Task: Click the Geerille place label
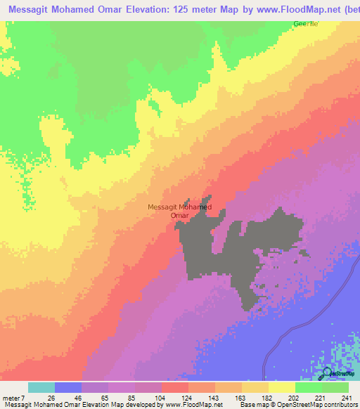tap(306, 24)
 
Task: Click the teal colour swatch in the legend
tap(41, 387)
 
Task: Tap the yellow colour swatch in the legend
tap(281, 387)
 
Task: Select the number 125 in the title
tap(159, 11)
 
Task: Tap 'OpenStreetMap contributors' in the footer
tap(316, 404)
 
